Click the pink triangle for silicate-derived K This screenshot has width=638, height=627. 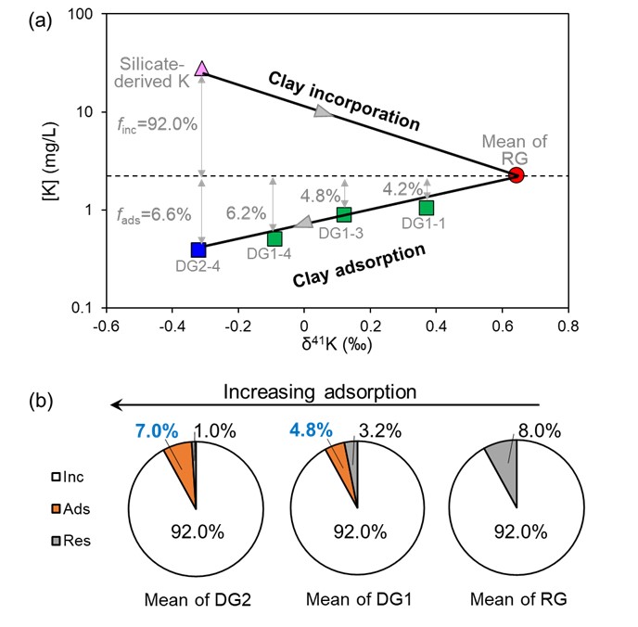click(x=202, y=69)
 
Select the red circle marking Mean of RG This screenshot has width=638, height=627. click(x=517, y=175)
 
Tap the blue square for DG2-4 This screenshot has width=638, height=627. click(x=198, y=250)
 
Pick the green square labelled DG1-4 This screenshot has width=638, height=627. click(x=274, y=239)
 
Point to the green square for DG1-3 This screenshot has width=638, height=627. click(x=344, y=215)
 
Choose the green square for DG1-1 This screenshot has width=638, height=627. click(x=427, y=207)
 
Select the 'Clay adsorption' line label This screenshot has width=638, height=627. click(x=359, y=265)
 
